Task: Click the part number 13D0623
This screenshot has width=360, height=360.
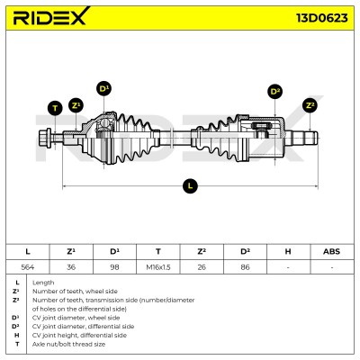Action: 322,18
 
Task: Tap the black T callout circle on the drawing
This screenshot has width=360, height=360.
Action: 55,108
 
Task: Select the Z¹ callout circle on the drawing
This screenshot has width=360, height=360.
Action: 76,105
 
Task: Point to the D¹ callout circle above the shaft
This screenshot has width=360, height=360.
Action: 103,89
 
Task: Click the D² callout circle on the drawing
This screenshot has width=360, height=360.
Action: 275,92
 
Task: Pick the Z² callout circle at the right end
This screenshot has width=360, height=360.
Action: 310,105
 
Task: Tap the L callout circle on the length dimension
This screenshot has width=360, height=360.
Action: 190,185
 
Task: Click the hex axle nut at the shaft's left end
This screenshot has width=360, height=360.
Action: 45,139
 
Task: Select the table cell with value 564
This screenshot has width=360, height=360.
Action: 28,267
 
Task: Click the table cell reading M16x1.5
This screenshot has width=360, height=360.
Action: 158,267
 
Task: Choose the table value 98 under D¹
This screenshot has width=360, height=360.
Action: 114,267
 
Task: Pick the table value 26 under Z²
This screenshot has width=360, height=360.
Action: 202,267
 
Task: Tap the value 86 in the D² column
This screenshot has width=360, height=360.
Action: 245,267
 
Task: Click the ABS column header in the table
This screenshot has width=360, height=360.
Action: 331,251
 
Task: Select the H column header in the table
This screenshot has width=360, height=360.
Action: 288,251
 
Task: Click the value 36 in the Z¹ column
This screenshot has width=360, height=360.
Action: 71,267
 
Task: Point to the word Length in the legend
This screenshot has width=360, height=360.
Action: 43,283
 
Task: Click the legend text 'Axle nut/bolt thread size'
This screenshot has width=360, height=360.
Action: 68,344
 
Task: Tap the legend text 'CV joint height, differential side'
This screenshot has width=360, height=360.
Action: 79,335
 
